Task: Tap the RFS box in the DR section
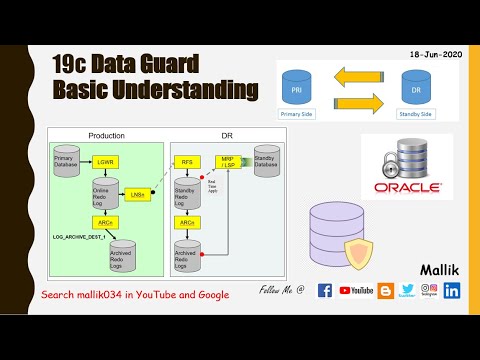coord(186,161)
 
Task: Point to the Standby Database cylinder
coord(266,161)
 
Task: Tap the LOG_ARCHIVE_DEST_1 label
coord(79,237)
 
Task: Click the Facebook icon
coord(325,291)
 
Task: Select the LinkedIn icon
coord(452,291)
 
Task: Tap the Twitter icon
coord(407,291)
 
